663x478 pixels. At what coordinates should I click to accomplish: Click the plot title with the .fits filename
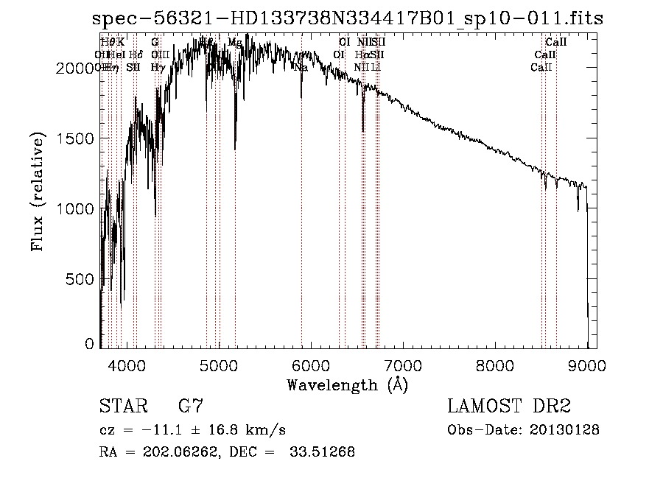pyautogui.click(x=348, y=18)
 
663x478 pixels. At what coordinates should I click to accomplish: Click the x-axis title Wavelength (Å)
pyautogui.click(x=347, y=384)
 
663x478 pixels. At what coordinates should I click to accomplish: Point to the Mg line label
pyautogui.click(x=235, y=43)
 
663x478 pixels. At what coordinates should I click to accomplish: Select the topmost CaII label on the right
pyautogui.click(x=556, y=43)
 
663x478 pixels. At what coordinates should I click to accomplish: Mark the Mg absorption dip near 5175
pyautogui.click(x=235, y=144)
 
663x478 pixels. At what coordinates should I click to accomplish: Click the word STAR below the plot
pyautogui.click(x=119, y=406)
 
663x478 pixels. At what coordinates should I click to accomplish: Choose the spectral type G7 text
pyautogui.click(x=191, y=406)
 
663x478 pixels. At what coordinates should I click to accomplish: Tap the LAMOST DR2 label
pyautogui.click(x=509, y=406)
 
